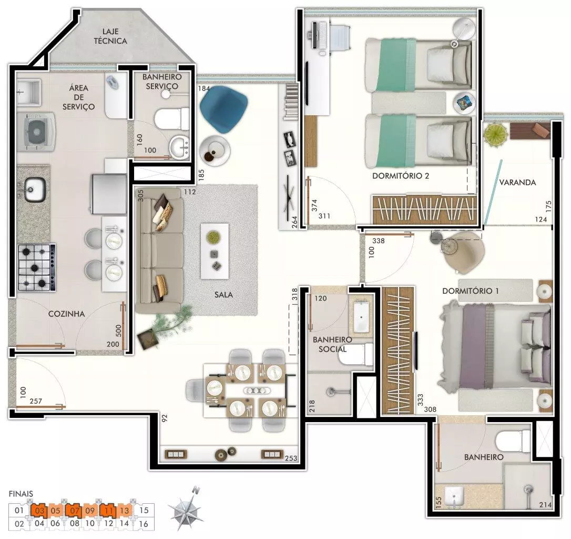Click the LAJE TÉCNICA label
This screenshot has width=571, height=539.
[x=110, y=36]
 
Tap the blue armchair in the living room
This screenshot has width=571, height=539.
[x=223, y=109]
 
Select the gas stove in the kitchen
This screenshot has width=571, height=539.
[x=37, y=267]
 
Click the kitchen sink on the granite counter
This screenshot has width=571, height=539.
[x=35, y=189]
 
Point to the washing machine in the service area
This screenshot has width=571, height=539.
[x=36, y=132]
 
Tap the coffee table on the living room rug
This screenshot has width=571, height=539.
[x=215, y=251]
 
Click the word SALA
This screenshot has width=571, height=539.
[x=223, y=295]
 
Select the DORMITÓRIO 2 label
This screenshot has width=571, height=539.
[x=401, y=176]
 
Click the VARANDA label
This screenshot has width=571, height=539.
[x=517, y=182]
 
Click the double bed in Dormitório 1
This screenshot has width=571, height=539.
[x=495, y=346]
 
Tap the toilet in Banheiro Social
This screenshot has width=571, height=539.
[x=356, y=354]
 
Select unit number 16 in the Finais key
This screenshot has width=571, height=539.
[x=144, y=524]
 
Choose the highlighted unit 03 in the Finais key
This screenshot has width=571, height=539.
[x=39, y=510]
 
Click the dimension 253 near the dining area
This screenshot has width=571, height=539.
[x=291, y=458]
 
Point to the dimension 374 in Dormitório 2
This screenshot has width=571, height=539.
[x=314, y=205]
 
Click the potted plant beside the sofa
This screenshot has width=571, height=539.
[x=166, y=325]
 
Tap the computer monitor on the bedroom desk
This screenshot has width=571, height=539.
[x=314, y=35]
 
